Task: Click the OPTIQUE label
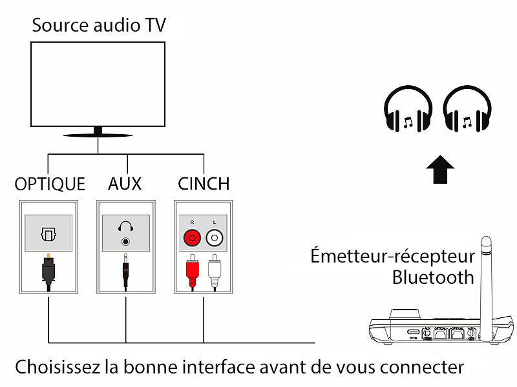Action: pyautogui.click(x=50, y=184)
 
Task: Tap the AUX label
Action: pyautogui.click(x=125, y=184)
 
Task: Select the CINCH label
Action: pyautogui.click(x=204, y=184)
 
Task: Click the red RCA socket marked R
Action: pyautogui.click(x=192, y=239)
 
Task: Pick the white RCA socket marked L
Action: pyautogui.click(x=215, y=239)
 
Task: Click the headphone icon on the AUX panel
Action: pyautogui.click(x=125, y=227)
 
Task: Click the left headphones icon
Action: pyautogui.click(x=408, y=112)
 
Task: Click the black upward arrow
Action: pyautogui.click(x=440, y=170)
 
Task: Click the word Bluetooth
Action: pyautogui.click(x=433, y=278)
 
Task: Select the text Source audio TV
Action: pyautogui.click(x=99, y=26)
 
